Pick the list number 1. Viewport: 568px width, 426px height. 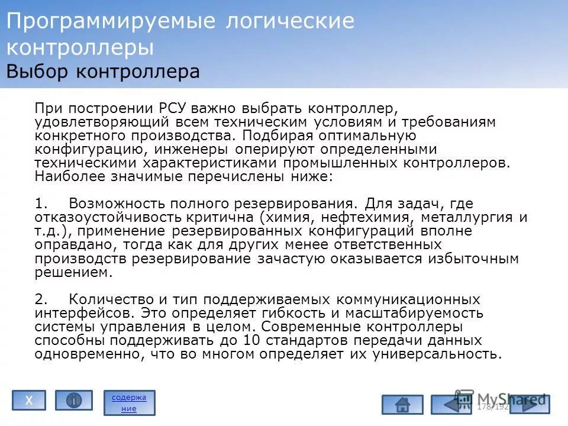tap(40, 204)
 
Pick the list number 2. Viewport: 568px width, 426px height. tap(40, 299)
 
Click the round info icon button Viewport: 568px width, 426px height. tap(74, 401)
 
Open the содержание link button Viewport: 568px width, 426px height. tap(129, 402)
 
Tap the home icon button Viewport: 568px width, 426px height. tap(402, 405)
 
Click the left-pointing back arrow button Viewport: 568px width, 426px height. tap(451, 405)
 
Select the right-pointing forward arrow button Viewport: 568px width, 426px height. tap(530, 405)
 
